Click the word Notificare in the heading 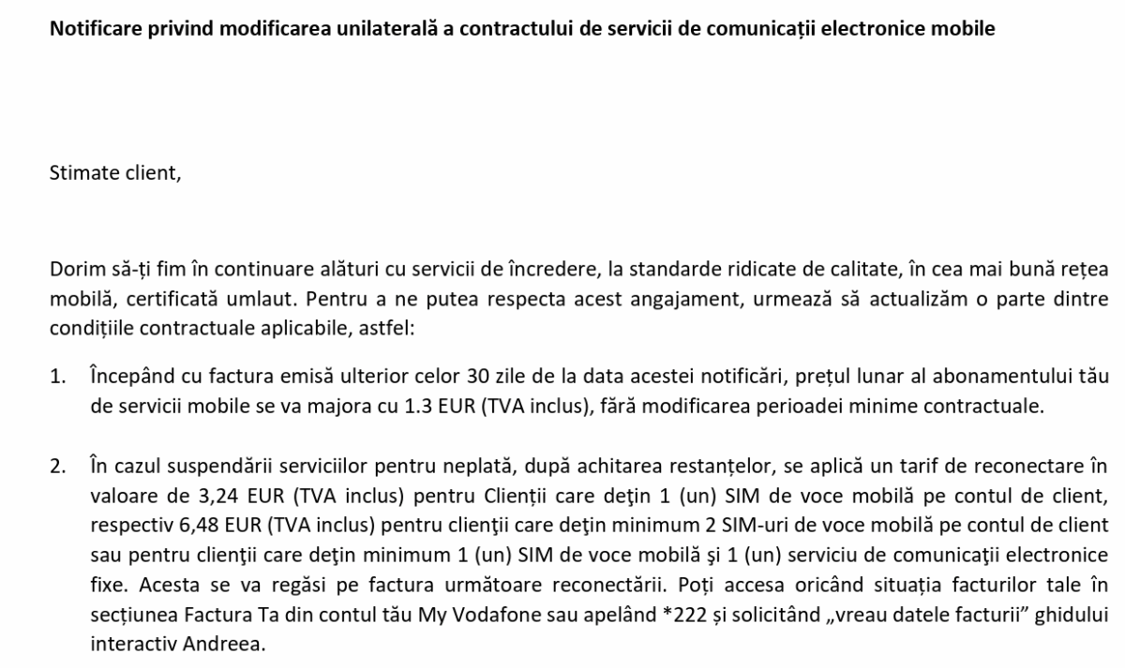92,29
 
